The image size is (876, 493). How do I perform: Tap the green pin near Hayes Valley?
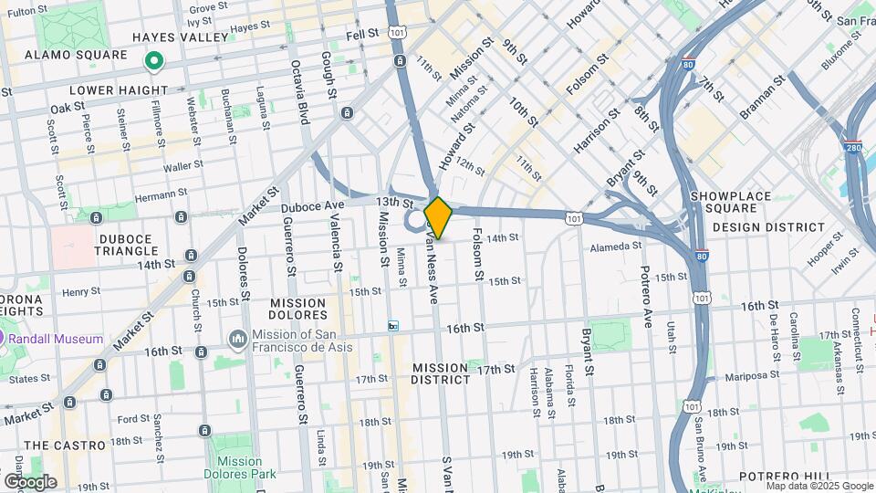(154, 61)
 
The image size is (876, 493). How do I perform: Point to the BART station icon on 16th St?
(393, 325)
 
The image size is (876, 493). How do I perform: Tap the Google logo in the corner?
(30, 482)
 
